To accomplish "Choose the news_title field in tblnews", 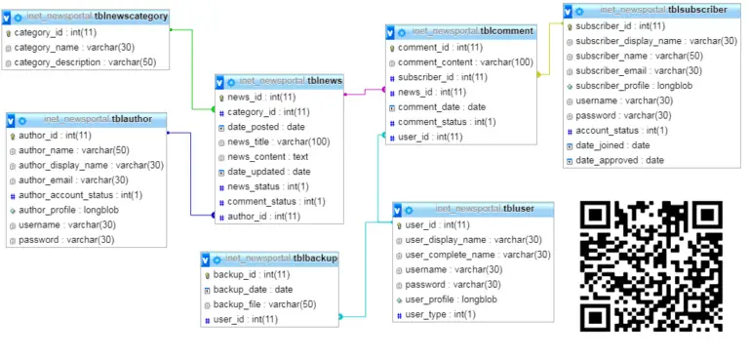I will (278, 141).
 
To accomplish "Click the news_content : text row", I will (267, 156).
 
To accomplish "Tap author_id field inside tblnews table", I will (263, 216).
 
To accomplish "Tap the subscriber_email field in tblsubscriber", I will (639, 70).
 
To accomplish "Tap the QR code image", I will (652, 265).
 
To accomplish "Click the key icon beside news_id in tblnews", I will (221, 98).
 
